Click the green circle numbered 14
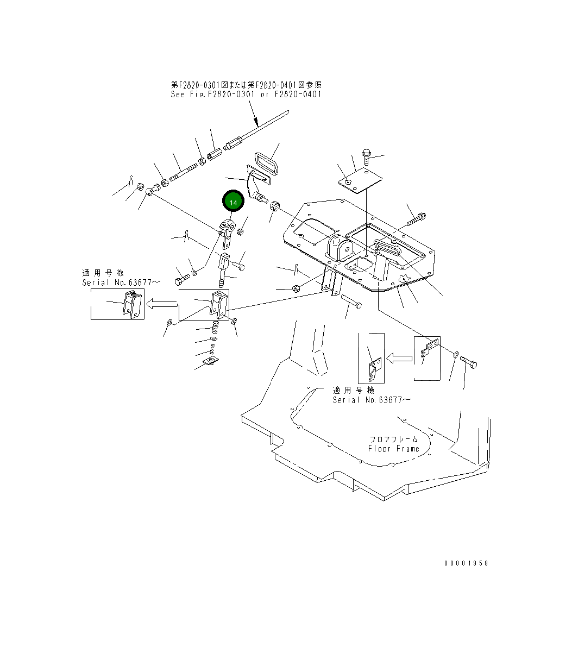(233, 202)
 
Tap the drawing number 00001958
(467, 563)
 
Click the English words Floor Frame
(394, 449)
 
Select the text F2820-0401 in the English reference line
(298, 94)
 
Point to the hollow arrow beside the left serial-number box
(162, 305)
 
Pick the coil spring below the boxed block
(215, 328)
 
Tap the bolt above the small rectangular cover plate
(366, 156)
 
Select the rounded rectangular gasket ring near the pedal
(267, 164)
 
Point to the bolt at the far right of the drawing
(468, 362)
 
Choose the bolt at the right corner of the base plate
(416, 219)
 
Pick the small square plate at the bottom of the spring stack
(211, 362)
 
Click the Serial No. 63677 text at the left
(121, 282)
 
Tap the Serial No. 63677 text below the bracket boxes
(372, 400)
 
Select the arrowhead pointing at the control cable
(255, 122)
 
